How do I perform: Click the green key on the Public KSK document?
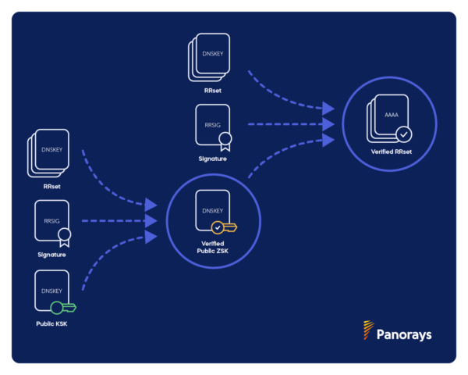tap(63, 308)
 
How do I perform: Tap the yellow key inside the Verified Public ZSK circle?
tap(224, 228)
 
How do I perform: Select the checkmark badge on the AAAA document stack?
tap(404, 134)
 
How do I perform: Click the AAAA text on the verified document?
tap(392, 115)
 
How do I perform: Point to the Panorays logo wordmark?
tap(404, 334)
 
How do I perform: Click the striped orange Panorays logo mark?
tap(368, 330)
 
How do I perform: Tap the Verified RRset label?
tap(392, 152)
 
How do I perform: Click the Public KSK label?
tap(51, 323)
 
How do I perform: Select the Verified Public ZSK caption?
tap(212, 248)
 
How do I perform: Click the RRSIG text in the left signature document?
tap(51, 221)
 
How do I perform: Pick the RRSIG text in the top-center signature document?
tap(212, 125)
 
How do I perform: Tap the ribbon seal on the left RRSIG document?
tap(65, 237)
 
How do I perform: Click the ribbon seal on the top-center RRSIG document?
tap(225, 141)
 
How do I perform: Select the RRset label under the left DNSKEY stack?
tap(52, 187)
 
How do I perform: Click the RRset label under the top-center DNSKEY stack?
tap(213, 91)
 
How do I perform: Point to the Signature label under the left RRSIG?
tap(51, 255)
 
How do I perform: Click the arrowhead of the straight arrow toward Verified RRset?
tap(328, 124)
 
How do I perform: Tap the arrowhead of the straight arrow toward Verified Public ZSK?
tap(151, 221)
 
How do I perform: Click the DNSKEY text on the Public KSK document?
tap(51, 291)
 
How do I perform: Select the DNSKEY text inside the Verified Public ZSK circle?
tap(212, 211)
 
